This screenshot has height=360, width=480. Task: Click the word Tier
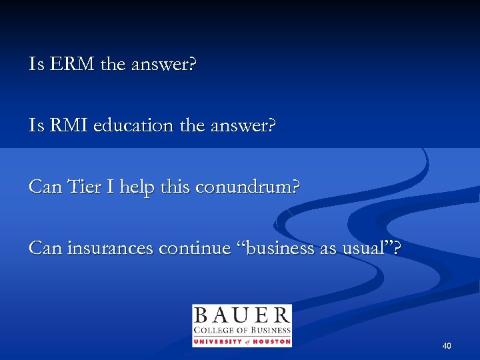coord(82,187)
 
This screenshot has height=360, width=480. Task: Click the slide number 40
coord(447,345)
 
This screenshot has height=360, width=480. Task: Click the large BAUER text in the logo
coord(241,315)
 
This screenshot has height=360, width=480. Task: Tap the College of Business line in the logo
coord(241,331)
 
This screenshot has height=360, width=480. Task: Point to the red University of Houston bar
coord(241,342)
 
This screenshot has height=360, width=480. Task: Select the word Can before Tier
coord(45,187)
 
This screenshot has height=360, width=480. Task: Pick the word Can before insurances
coord(45,249)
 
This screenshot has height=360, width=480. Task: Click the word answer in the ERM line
coord(163,65)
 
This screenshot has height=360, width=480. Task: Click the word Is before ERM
coord(35,65)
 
